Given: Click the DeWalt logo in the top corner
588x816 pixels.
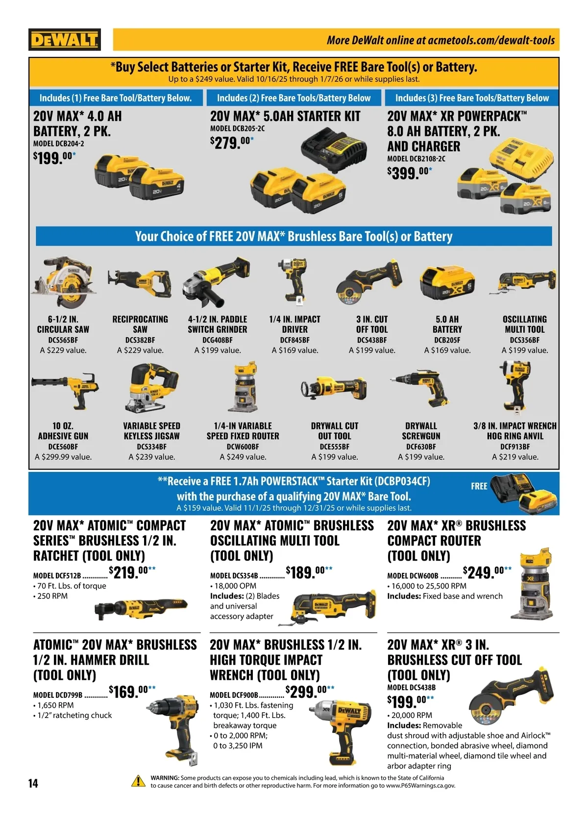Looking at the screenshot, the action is [65, 39].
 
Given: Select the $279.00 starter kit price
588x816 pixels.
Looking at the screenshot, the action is [232, 143].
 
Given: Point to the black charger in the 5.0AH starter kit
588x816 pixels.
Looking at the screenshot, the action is [333, 149].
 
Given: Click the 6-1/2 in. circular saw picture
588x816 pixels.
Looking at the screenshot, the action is [64, 282].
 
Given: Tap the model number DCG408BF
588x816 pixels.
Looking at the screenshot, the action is [218, 340].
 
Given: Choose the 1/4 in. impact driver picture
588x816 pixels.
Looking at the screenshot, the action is [294, 282].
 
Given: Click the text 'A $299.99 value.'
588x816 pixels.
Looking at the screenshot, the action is [63, 457].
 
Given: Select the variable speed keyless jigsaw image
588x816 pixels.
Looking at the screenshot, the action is [151, 388].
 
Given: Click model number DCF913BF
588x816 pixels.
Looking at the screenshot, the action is [515, 446].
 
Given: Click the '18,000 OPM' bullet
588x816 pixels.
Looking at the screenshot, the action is [233, 586].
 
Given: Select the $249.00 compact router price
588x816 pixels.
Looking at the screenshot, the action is [487, 572].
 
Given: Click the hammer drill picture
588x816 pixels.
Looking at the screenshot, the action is [173, 724].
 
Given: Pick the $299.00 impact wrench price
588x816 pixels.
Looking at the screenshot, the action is [310, 692].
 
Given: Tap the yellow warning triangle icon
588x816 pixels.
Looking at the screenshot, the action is [139, 781].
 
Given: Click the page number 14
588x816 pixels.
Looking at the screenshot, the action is [33, 783].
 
